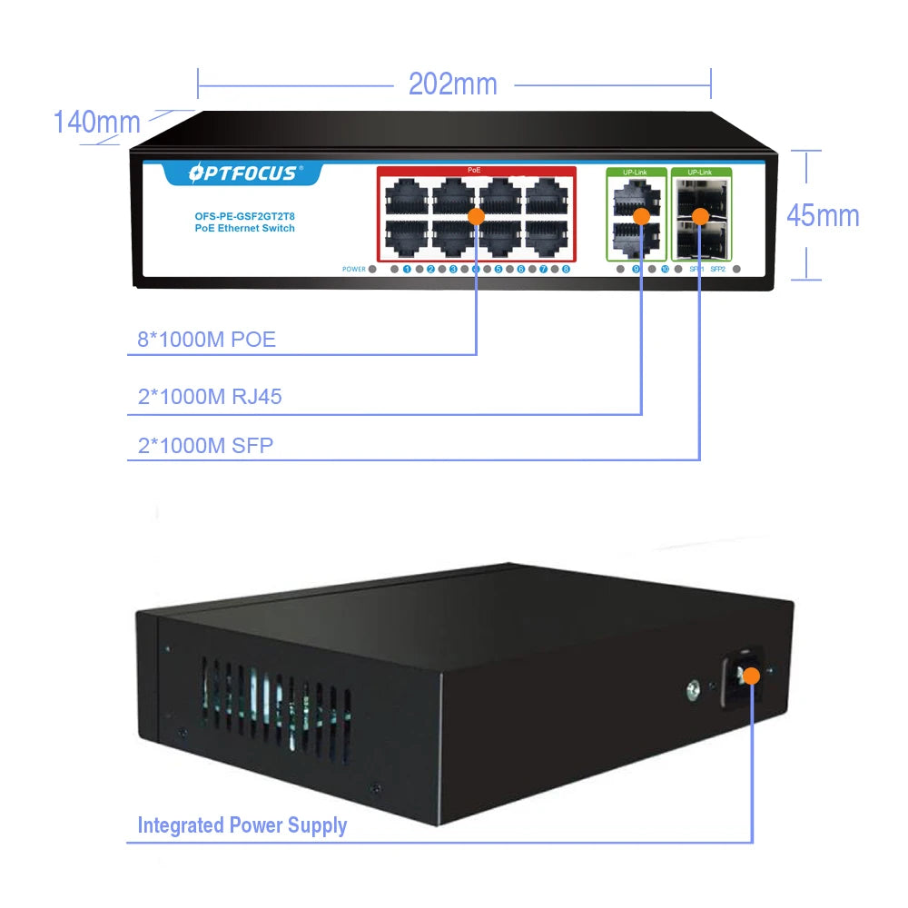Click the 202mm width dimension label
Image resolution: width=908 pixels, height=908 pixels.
coord(452,84)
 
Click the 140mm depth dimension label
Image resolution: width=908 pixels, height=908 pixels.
coord(96,122)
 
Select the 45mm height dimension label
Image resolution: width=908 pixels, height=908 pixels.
coord(823,215)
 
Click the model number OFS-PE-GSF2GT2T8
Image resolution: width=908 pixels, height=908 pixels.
coord(244,216)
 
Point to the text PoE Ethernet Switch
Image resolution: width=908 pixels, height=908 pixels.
coord(244,229)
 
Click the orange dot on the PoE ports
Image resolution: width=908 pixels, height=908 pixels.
coord(477,216)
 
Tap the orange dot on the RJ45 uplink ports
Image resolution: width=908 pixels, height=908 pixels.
coord(641,216)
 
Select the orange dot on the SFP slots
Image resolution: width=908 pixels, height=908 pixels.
coord(699,216)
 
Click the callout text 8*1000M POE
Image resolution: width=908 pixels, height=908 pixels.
coord(206,340)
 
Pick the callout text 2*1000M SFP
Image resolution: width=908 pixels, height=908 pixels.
coord(205,446)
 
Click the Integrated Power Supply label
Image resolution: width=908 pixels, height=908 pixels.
coord(242,825)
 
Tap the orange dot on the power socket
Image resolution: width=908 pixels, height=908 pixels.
coord(752,676)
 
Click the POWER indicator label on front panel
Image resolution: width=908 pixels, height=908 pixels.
coord(354,270)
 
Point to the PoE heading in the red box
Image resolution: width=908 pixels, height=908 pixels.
coord(475,171)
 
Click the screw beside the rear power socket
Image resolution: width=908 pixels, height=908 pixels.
coord(693,693)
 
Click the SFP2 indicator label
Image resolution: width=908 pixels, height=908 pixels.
coord(717,270)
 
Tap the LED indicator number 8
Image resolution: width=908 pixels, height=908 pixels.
coord(566,270)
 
